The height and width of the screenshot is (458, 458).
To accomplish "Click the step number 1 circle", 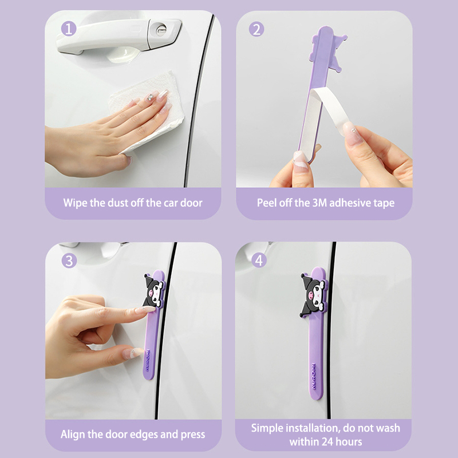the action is point(69,29).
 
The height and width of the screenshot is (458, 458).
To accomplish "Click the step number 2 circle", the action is point(256,30).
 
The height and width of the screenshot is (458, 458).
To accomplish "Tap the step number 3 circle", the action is point(69,261).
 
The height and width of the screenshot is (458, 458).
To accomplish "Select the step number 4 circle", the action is point(259,260).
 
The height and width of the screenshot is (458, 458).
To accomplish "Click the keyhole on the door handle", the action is point(161,29).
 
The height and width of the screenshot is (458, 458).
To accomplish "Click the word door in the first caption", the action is point(191,203).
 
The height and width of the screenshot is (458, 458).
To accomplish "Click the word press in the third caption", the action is point(193,435).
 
